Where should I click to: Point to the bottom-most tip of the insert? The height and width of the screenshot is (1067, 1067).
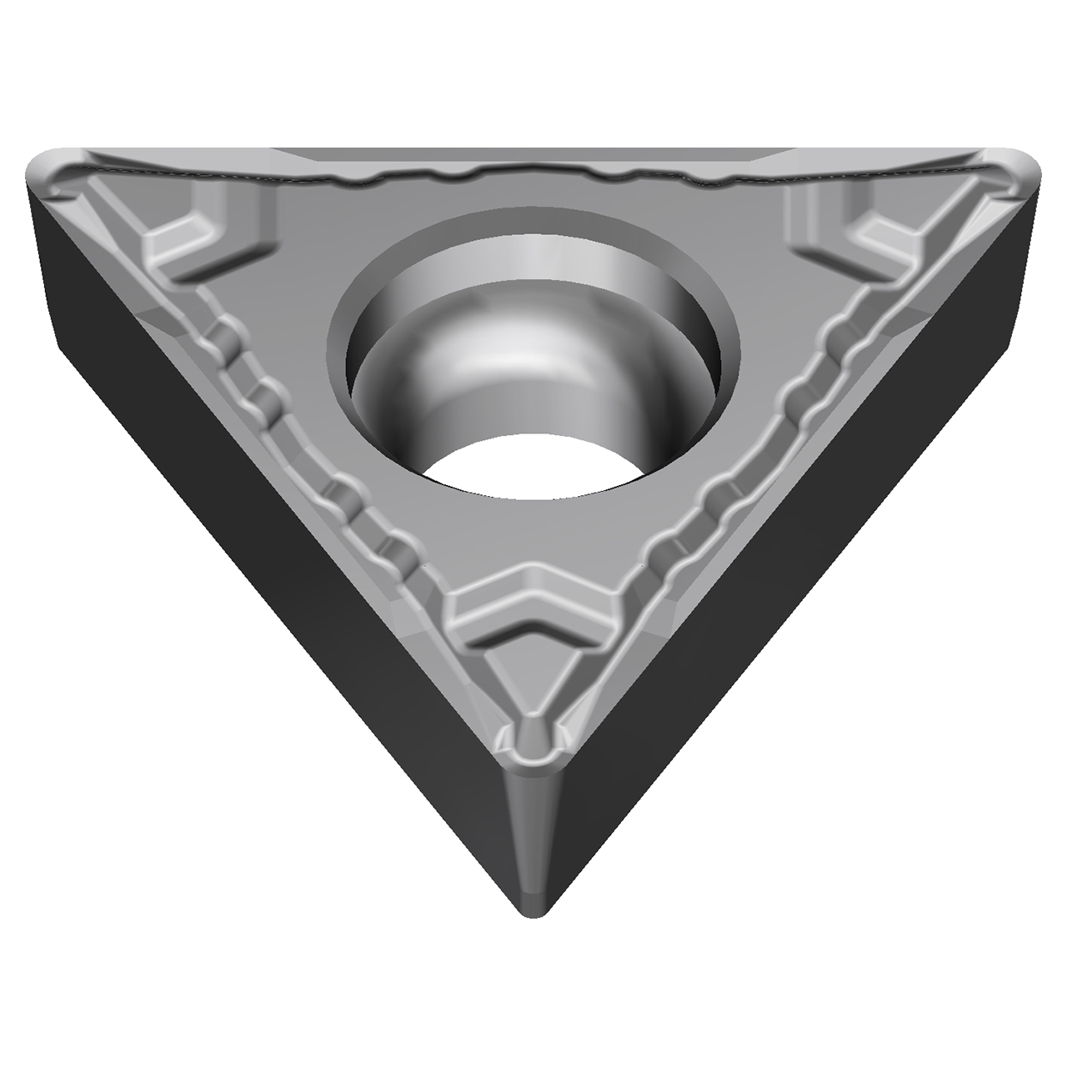(x=533, y=913)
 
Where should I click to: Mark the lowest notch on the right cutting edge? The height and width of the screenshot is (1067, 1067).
(x=659, y=550)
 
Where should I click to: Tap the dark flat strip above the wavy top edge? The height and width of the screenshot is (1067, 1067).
(x=533, y=153)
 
